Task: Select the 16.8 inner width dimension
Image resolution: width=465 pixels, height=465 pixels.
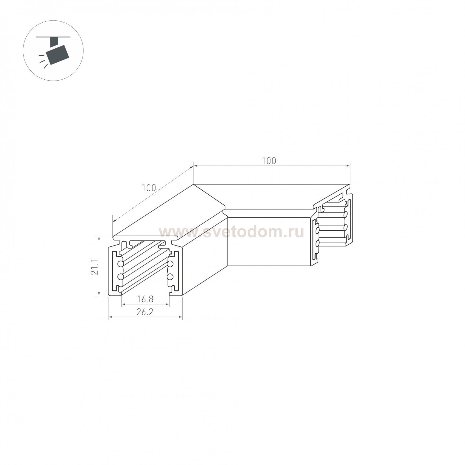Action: (145, 299)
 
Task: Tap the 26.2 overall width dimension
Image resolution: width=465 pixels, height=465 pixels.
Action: (145, 312)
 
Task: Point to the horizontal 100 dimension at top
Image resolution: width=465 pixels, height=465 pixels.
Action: (269, 161)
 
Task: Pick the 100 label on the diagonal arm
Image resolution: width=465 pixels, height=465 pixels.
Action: (149, 188)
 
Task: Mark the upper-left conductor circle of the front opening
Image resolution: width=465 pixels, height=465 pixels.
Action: (120, 264)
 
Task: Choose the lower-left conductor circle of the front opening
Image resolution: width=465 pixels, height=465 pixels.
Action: (120, 276)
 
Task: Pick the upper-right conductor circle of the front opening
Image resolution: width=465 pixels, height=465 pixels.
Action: (170, 264)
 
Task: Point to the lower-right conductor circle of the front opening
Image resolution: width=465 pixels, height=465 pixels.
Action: (170, 276)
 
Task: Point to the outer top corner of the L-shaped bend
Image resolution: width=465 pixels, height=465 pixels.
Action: (193, 184)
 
